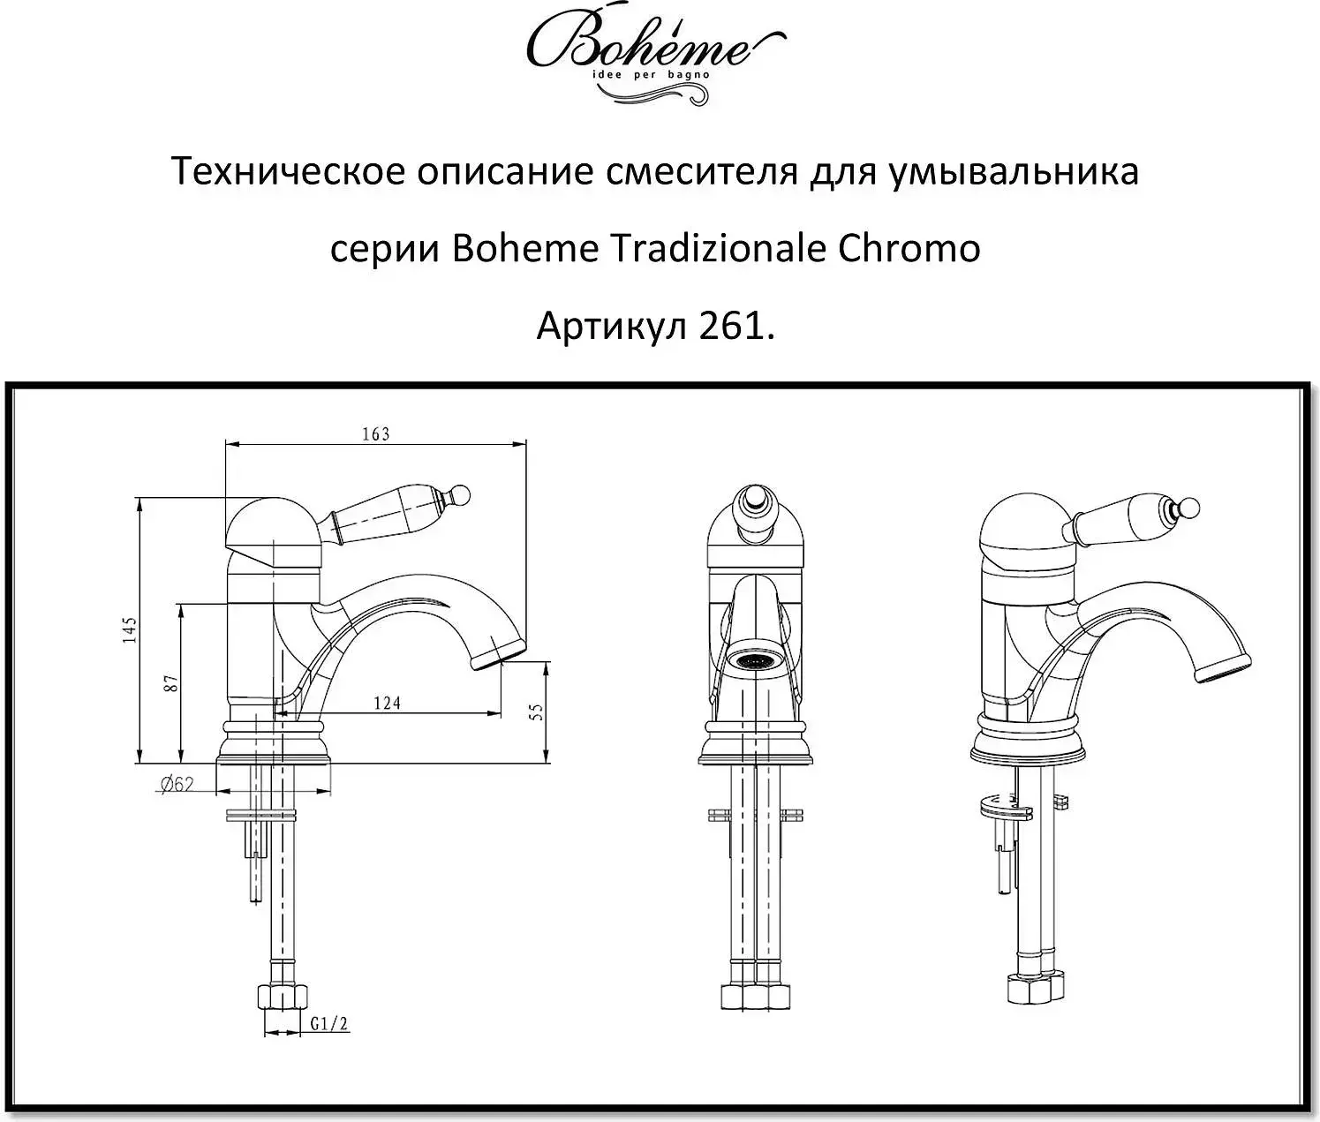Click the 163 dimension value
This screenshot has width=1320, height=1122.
coord(375,434)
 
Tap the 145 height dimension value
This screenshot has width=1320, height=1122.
coord(131,629)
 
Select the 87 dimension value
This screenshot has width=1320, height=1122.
coord(172,684)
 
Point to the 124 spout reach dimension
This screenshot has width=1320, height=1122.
coord(387,703)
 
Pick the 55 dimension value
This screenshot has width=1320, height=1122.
coord(537,712)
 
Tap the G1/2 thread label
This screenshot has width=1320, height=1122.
coord(328,1024)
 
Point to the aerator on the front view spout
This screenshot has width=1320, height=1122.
coord(756,661)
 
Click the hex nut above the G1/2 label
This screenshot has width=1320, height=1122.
coord(283,998)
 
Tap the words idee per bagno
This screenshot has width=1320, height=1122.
coord(652,75)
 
